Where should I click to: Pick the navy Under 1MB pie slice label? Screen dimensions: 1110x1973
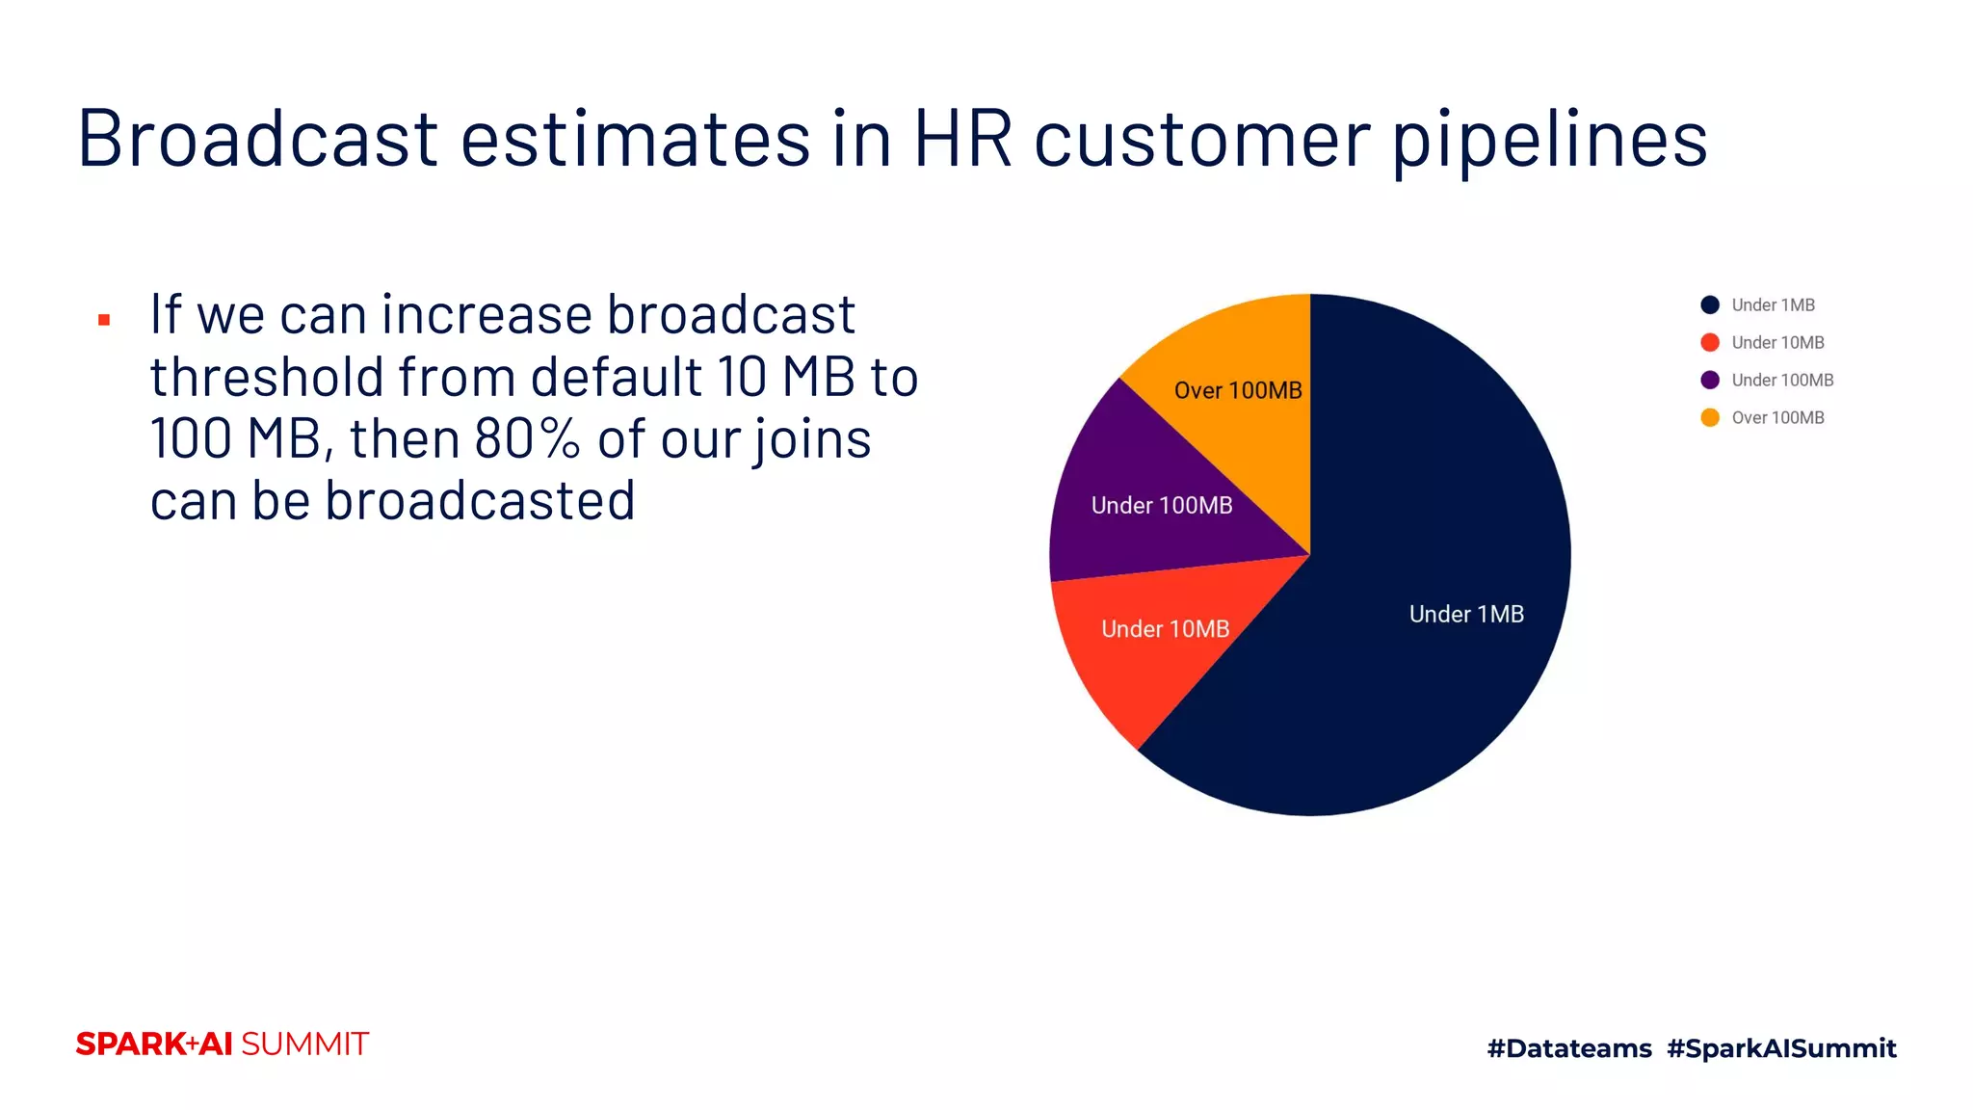(1466, 614)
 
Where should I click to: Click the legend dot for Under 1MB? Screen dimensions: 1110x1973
(1710, 304)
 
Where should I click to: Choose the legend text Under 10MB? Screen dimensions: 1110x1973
(1777, 342)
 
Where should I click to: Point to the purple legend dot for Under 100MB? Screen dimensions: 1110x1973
(1710, 380)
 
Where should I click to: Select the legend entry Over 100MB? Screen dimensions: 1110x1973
(1777, 417)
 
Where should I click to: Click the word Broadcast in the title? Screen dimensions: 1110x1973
(258, 138)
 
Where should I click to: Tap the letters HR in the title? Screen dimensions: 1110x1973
(962, 138)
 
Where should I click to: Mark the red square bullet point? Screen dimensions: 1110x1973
(104, 320)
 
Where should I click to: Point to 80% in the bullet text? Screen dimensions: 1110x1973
(527, 438)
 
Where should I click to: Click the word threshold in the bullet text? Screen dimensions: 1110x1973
(265, 376)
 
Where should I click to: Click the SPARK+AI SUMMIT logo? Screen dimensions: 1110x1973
(222, 1044)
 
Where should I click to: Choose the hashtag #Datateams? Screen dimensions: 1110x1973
(1568, 1048)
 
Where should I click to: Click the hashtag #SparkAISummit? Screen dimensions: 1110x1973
(1781, 1048)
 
